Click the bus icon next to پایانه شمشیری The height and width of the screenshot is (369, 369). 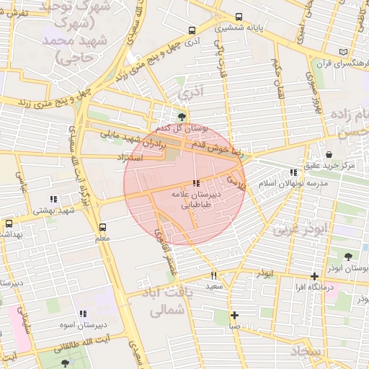[x=239, y=17]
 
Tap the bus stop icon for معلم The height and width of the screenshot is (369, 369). [x=102, y=226]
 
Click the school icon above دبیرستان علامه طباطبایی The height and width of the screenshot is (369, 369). [x=196, y=184]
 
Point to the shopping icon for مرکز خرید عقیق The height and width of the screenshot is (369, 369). [x=329, y=154]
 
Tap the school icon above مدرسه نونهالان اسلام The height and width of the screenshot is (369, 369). [x=293, y=172]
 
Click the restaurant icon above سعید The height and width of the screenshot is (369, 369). [x=213, y=275]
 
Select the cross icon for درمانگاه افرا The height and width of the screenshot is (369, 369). [x=314, y=275]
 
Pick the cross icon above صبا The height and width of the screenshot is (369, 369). [x=234, y=315]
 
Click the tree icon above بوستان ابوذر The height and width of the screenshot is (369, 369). [x=349, y=257]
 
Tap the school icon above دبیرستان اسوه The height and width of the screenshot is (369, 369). [x=83, y=314]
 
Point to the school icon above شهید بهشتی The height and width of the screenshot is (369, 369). [x=53, y=199]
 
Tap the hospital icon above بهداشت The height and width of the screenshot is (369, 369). [x=8, y=223]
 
